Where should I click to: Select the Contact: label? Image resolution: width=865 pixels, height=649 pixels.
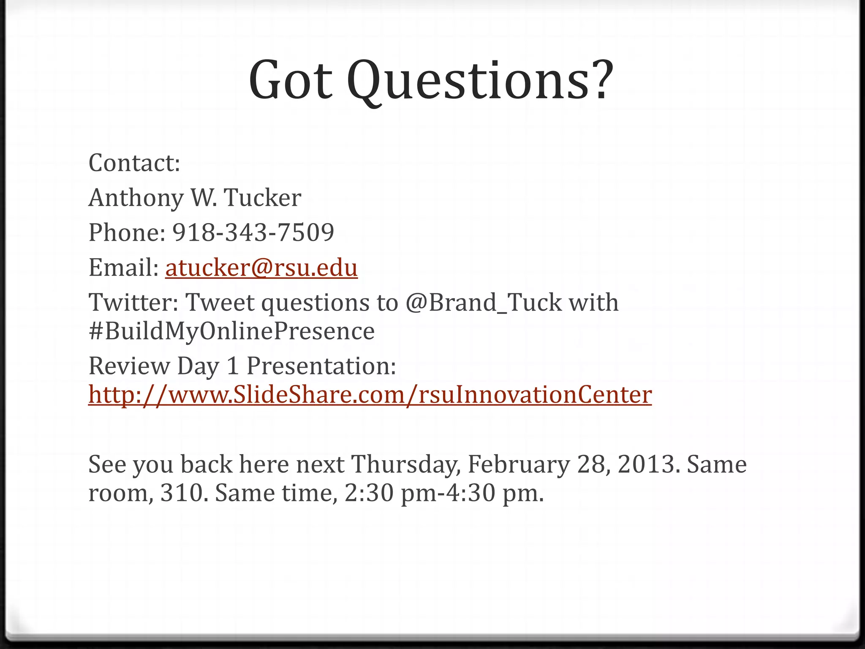coord(134,163)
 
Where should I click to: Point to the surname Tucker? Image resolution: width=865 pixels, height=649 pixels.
coord(262,198)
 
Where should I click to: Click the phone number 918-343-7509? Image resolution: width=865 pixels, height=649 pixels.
coord(253,232)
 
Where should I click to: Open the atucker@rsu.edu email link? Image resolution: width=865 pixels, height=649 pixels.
coord(261,267)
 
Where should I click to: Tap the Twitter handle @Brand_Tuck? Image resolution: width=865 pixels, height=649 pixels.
coord(484,303)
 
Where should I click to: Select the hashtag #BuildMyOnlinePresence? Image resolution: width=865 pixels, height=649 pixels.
coord(231,331)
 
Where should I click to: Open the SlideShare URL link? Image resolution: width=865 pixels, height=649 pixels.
coord(370,395)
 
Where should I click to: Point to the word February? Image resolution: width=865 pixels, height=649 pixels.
coord(519,464)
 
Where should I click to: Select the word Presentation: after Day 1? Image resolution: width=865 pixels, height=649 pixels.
coord(321,366)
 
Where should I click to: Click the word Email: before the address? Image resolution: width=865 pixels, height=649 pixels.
coord(123,267)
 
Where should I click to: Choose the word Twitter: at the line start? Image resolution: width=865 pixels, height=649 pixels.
coord(133,303)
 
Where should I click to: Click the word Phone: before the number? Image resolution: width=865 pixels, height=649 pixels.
coord(127,232)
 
